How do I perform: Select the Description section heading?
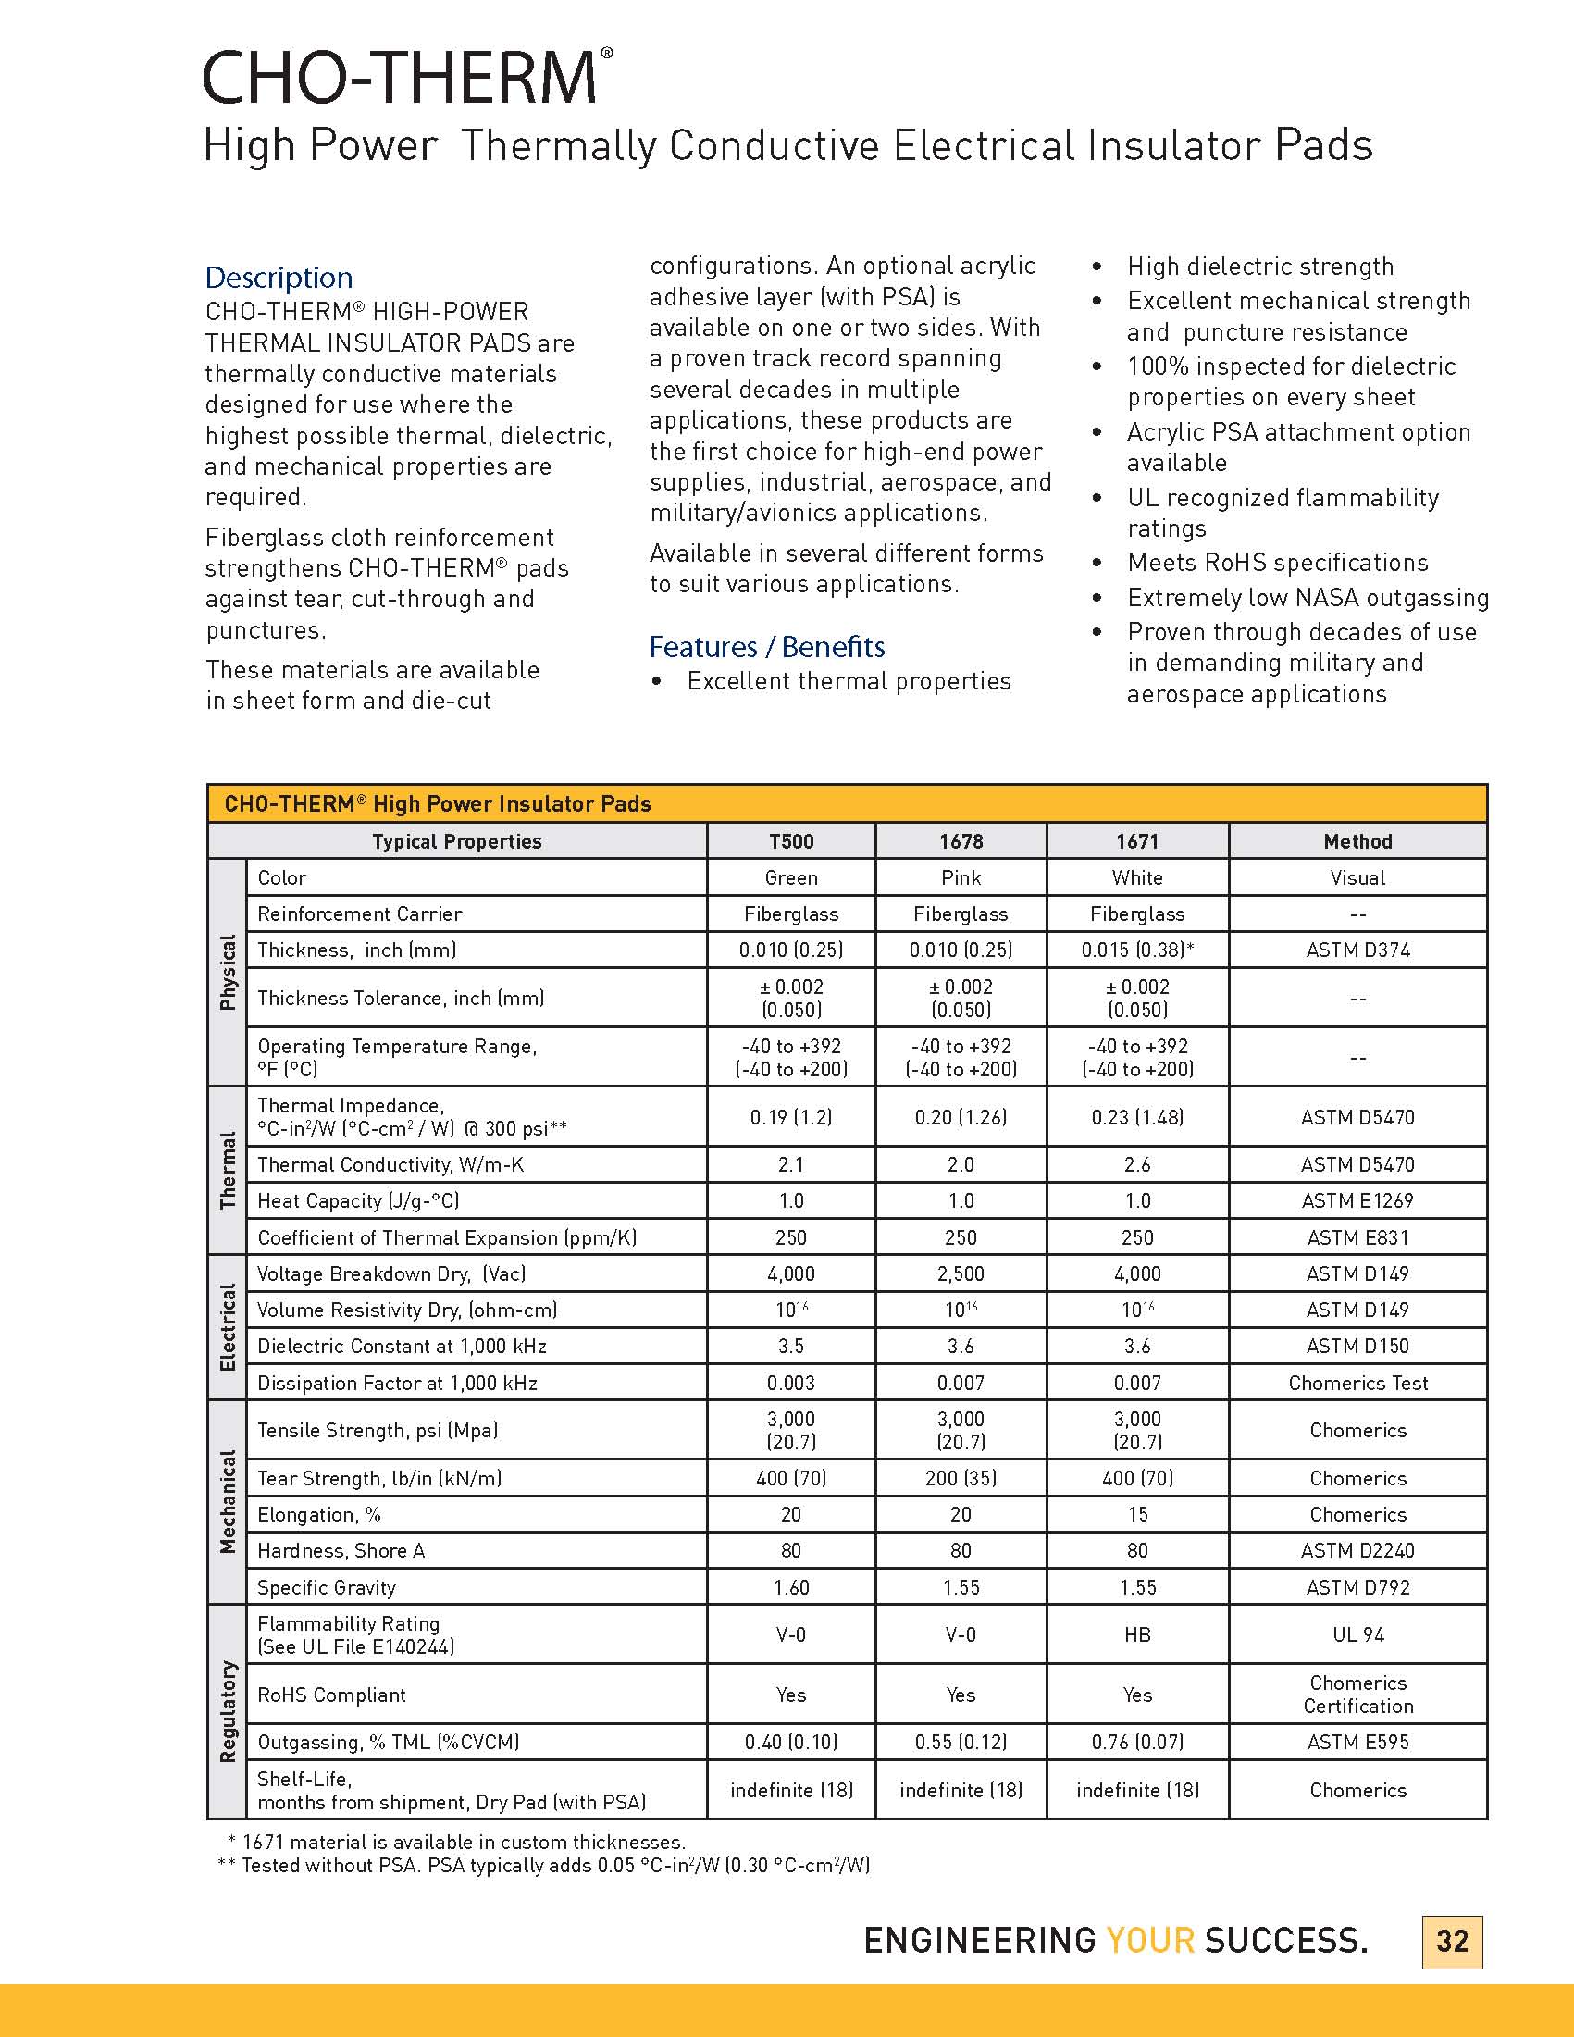click(x=279, y=277)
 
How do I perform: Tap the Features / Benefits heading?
click(x=766, y=646)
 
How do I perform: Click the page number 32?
click(x=1452, y=1941)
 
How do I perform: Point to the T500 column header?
click(x=791, y=841)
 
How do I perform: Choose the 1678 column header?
click(x=961, y=841)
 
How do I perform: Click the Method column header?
click(x=1357, y=841)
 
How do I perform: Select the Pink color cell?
click(x=961, y=877)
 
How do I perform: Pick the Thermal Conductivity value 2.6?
click(x=1136, y=1164)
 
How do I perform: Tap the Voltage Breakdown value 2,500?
click(x=961, y=1273)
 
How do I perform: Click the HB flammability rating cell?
click(x=1136, y=1634)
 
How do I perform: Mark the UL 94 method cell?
click(x=1357, y=1634)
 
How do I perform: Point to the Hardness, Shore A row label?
click(x=341, y=1550)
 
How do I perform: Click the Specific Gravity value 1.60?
click(x=791, y=1586)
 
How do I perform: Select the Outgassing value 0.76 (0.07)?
click(x=1136, y=1742)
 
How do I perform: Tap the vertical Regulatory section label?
click(x=228, y=1711)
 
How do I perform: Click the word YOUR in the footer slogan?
click(x=1149, y=1940)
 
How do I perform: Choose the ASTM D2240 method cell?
click(x=1357, y=1550)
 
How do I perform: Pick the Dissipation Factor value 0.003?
click(x=791, y=1383)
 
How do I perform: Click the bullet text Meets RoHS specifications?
click(x=1278, y=563)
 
